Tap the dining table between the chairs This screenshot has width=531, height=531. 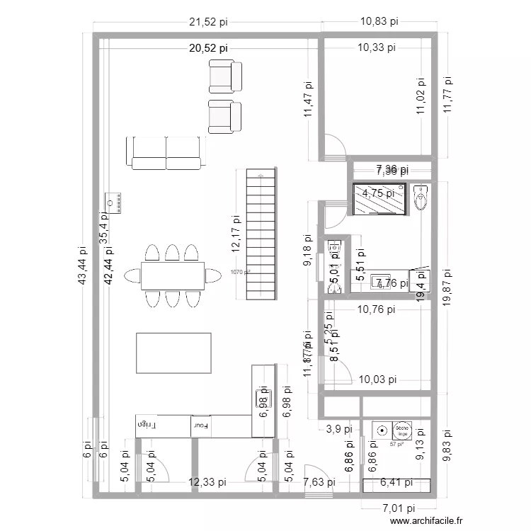click(173, 276)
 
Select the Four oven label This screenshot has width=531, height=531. click(200, 426)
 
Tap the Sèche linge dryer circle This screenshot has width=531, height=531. click(402, 429)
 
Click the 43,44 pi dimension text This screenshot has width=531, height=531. click(84, 266)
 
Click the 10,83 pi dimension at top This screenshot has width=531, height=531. click(379, 23)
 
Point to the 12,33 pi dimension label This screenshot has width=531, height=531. click(208, 483)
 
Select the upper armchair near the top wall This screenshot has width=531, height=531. click(226, 76)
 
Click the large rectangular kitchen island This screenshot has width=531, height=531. click(173, 353)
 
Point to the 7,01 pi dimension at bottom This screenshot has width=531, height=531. click(399, 508)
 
